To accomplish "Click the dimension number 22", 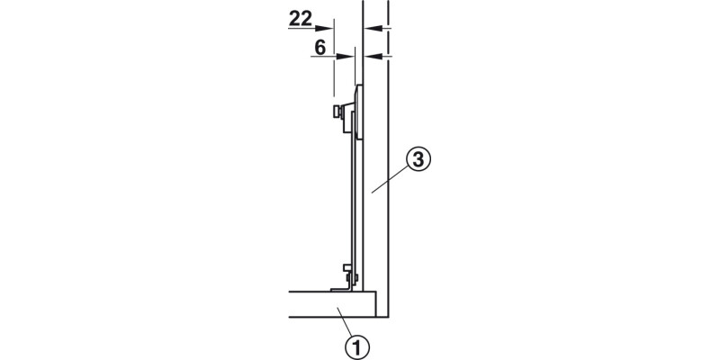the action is (301, 19).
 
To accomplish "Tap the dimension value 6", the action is (320, 48).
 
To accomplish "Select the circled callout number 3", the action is (418, 160).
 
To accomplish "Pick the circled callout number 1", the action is (356, 347).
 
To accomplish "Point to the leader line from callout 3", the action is (390, 179).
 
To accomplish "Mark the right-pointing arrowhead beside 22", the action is (325, 28).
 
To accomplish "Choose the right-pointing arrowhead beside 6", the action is (346, 57).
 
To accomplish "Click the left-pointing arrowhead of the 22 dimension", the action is (373, 28).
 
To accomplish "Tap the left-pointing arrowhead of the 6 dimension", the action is (373, 57).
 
